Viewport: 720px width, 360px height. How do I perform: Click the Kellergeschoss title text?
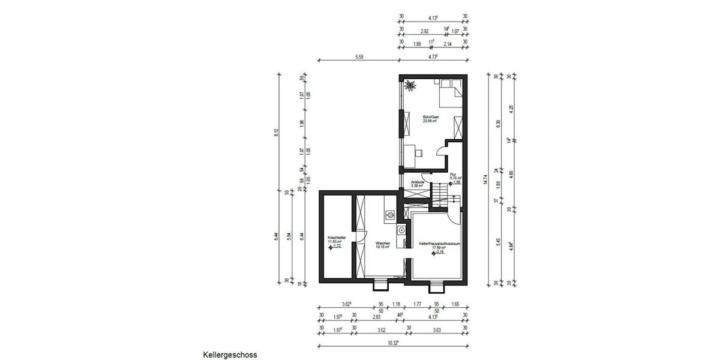pos(230,355)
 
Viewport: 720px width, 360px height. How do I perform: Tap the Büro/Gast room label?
pos(430,116)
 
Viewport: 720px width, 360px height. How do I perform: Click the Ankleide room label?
pos(417,182)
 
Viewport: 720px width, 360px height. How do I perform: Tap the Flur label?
pos(453,175)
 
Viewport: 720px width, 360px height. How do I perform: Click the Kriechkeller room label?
pos(335,238)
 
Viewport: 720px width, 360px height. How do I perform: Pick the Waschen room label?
pos(383,243)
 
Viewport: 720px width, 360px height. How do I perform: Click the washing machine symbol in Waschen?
pos(389,214)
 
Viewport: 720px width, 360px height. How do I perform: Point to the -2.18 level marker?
pos(438,253)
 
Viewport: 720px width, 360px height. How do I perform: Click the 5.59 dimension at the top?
pos(359,57)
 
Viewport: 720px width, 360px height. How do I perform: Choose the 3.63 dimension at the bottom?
pos(437,329)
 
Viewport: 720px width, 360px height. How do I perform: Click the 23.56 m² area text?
pos(430,121)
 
